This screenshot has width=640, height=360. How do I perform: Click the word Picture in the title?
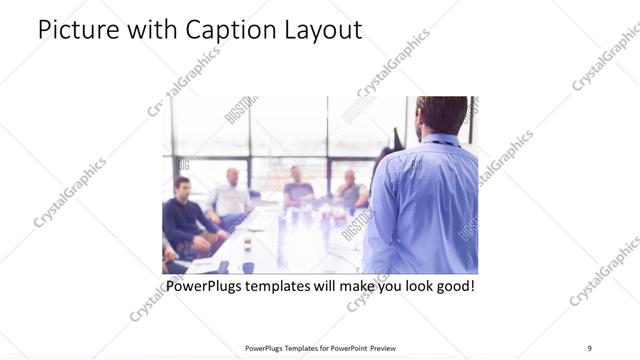pos(73,30)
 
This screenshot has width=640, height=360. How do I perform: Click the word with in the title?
pos(146,30)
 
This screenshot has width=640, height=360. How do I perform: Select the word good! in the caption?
pos(452,286)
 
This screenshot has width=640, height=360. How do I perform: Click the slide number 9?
pos(590,348)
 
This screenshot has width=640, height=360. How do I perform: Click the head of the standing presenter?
pos(441,113)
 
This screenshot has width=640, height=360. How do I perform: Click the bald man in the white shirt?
pos(232,196)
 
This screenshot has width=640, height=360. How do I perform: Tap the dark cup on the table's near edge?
pos(247,267)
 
